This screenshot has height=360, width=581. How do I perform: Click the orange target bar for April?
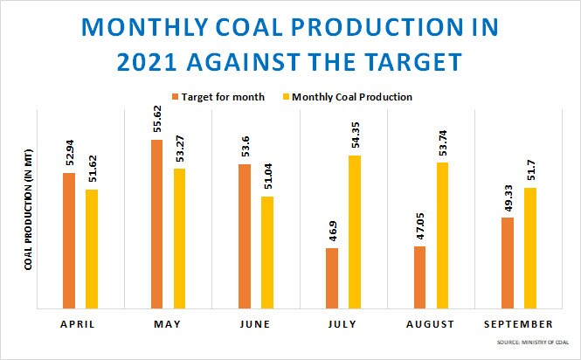pos(69,240)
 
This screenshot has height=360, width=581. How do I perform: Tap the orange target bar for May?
pos(156,224)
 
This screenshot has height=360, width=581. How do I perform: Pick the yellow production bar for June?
pos(266,253)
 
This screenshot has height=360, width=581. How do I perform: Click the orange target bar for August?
pos(418,277)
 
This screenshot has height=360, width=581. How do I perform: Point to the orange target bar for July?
pos(331,278)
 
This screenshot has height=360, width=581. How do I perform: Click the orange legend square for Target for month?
pos(176,96)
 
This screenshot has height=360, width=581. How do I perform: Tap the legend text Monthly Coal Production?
pos(352,96)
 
